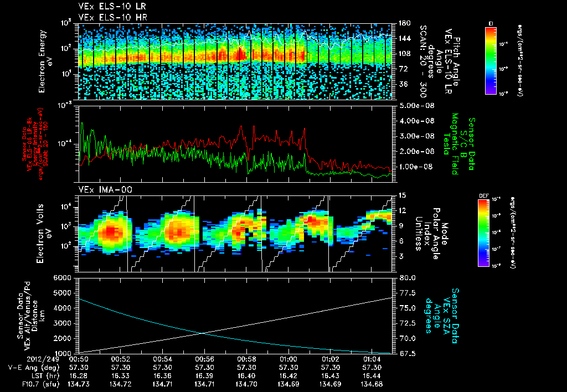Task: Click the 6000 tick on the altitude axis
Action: click(64, 277)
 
